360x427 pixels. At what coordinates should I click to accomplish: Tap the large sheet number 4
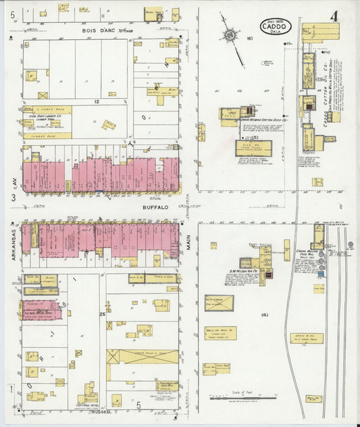click(x=335, y=15)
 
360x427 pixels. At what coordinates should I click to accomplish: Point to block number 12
click(x=97, y=101)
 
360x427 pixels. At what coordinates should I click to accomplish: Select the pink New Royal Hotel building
click(x=42, y=310)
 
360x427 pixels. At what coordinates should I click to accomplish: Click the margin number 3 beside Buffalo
click(x=13, y=197)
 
